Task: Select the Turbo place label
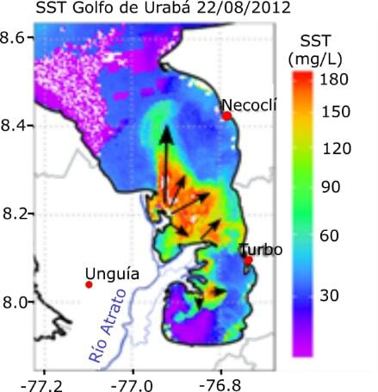(x=262, y=249)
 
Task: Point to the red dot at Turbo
(x=248, y=259)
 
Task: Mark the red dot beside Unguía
(x=89, y=284)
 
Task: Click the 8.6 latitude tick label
(x=16, y=38)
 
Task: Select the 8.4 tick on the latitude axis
(x=16, y=126)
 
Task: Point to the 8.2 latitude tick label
(x=16, y=214)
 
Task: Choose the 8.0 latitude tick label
(x=16, y=302)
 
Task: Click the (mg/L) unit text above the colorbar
(x=331, y=57)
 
